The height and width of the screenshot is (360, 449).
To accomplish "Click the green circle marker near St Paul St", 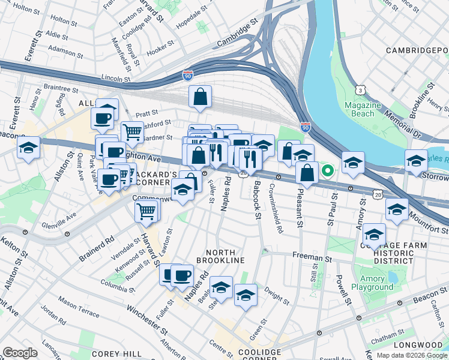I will click(x=327, y=171).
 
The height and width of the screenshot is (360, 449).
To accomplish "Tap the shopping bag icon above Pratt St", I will click(x=200, y=97).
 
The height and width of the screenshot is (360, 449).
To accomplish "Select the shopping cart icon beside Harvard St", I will click(x=146, y=211).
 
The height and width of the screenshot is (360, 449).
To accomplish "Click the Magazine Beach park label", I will click(x=363, y=109).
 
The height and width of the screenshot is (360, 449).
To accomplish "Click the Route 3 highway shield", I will click(x=360, y=89).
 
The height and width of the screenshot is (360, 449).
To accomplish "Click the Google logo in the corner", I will click(x=20, y=353).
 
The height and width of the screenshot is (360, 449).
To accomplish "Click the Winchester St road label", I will click(x=146, y=319).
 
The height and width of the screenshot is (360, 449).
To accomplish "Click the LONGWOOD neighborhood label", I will click(x=418, y=345).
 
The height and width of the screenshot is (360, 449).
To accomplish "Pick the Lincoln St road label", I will click(x=116, y=79).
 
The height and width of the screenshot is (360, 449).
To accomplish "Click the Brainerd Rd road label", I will click(x=96, y=246).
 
